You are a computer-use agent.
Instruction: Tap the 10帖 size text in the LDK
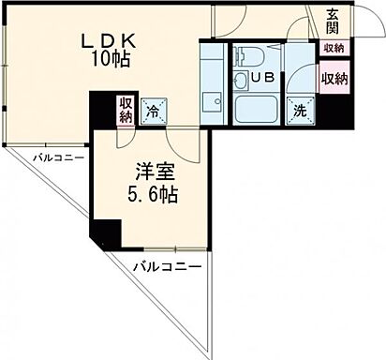pos(110,59)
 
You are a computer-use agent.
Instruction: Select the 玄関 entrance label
pos(334,20)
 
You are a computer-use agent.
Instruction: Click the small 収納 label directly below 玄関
pos(334,48)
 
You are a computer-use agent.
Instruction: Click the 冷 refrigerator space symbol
pos(155,111)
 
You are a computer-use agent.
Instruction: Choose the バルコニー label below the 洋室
pos(166,267)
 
